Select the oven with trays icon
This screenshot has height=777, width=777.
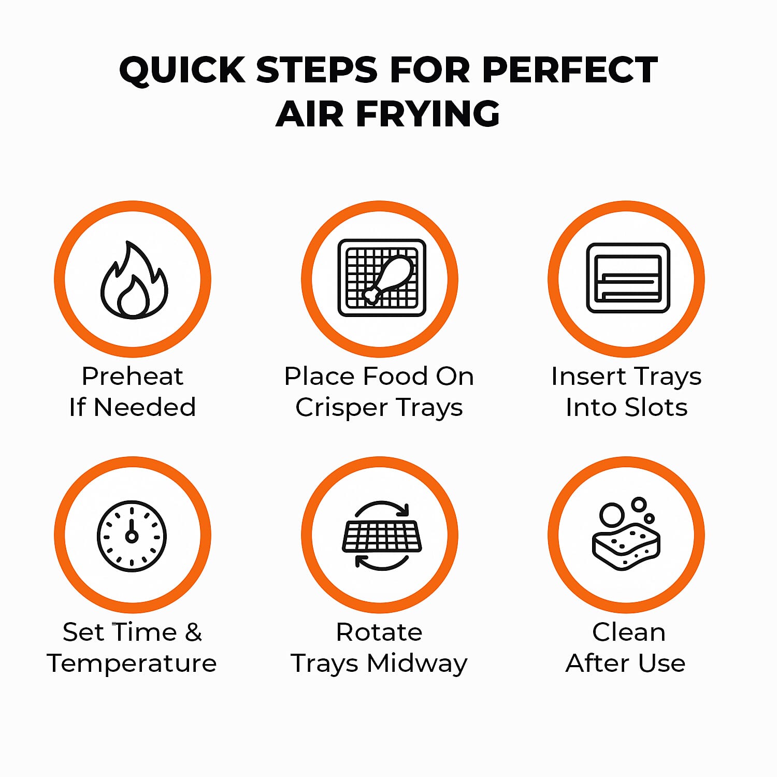click(x=628, y=278)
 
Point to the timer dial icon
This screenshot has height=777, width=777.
click(x=132, y=536)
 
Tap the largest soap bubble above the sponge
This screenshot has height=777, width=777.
click(x=612, y=514)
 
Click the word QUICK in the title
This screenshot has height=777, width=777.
click(x=182, y=70)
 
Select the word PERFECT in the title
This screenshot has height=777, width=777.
click(x=570, y=70)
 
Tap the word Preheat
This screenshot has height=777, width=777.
click(x=133, y=376)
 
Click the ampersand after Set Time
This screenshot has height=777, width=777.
click(x=193, y=632)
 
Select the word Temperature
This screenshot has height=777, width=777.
click(x=132, y=664)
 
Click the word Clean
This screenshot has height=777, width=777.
click(x=628, y=632)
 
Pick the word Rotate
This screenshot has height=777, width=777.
click(x=379, y=632)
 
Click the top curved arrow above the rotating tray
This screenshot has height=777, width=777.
click(x=382, y=508)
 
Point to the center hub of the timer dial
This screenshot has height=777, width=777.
click(x=132, y=537)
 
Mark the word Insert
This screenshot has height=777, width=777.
click(x=587, y=376)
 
